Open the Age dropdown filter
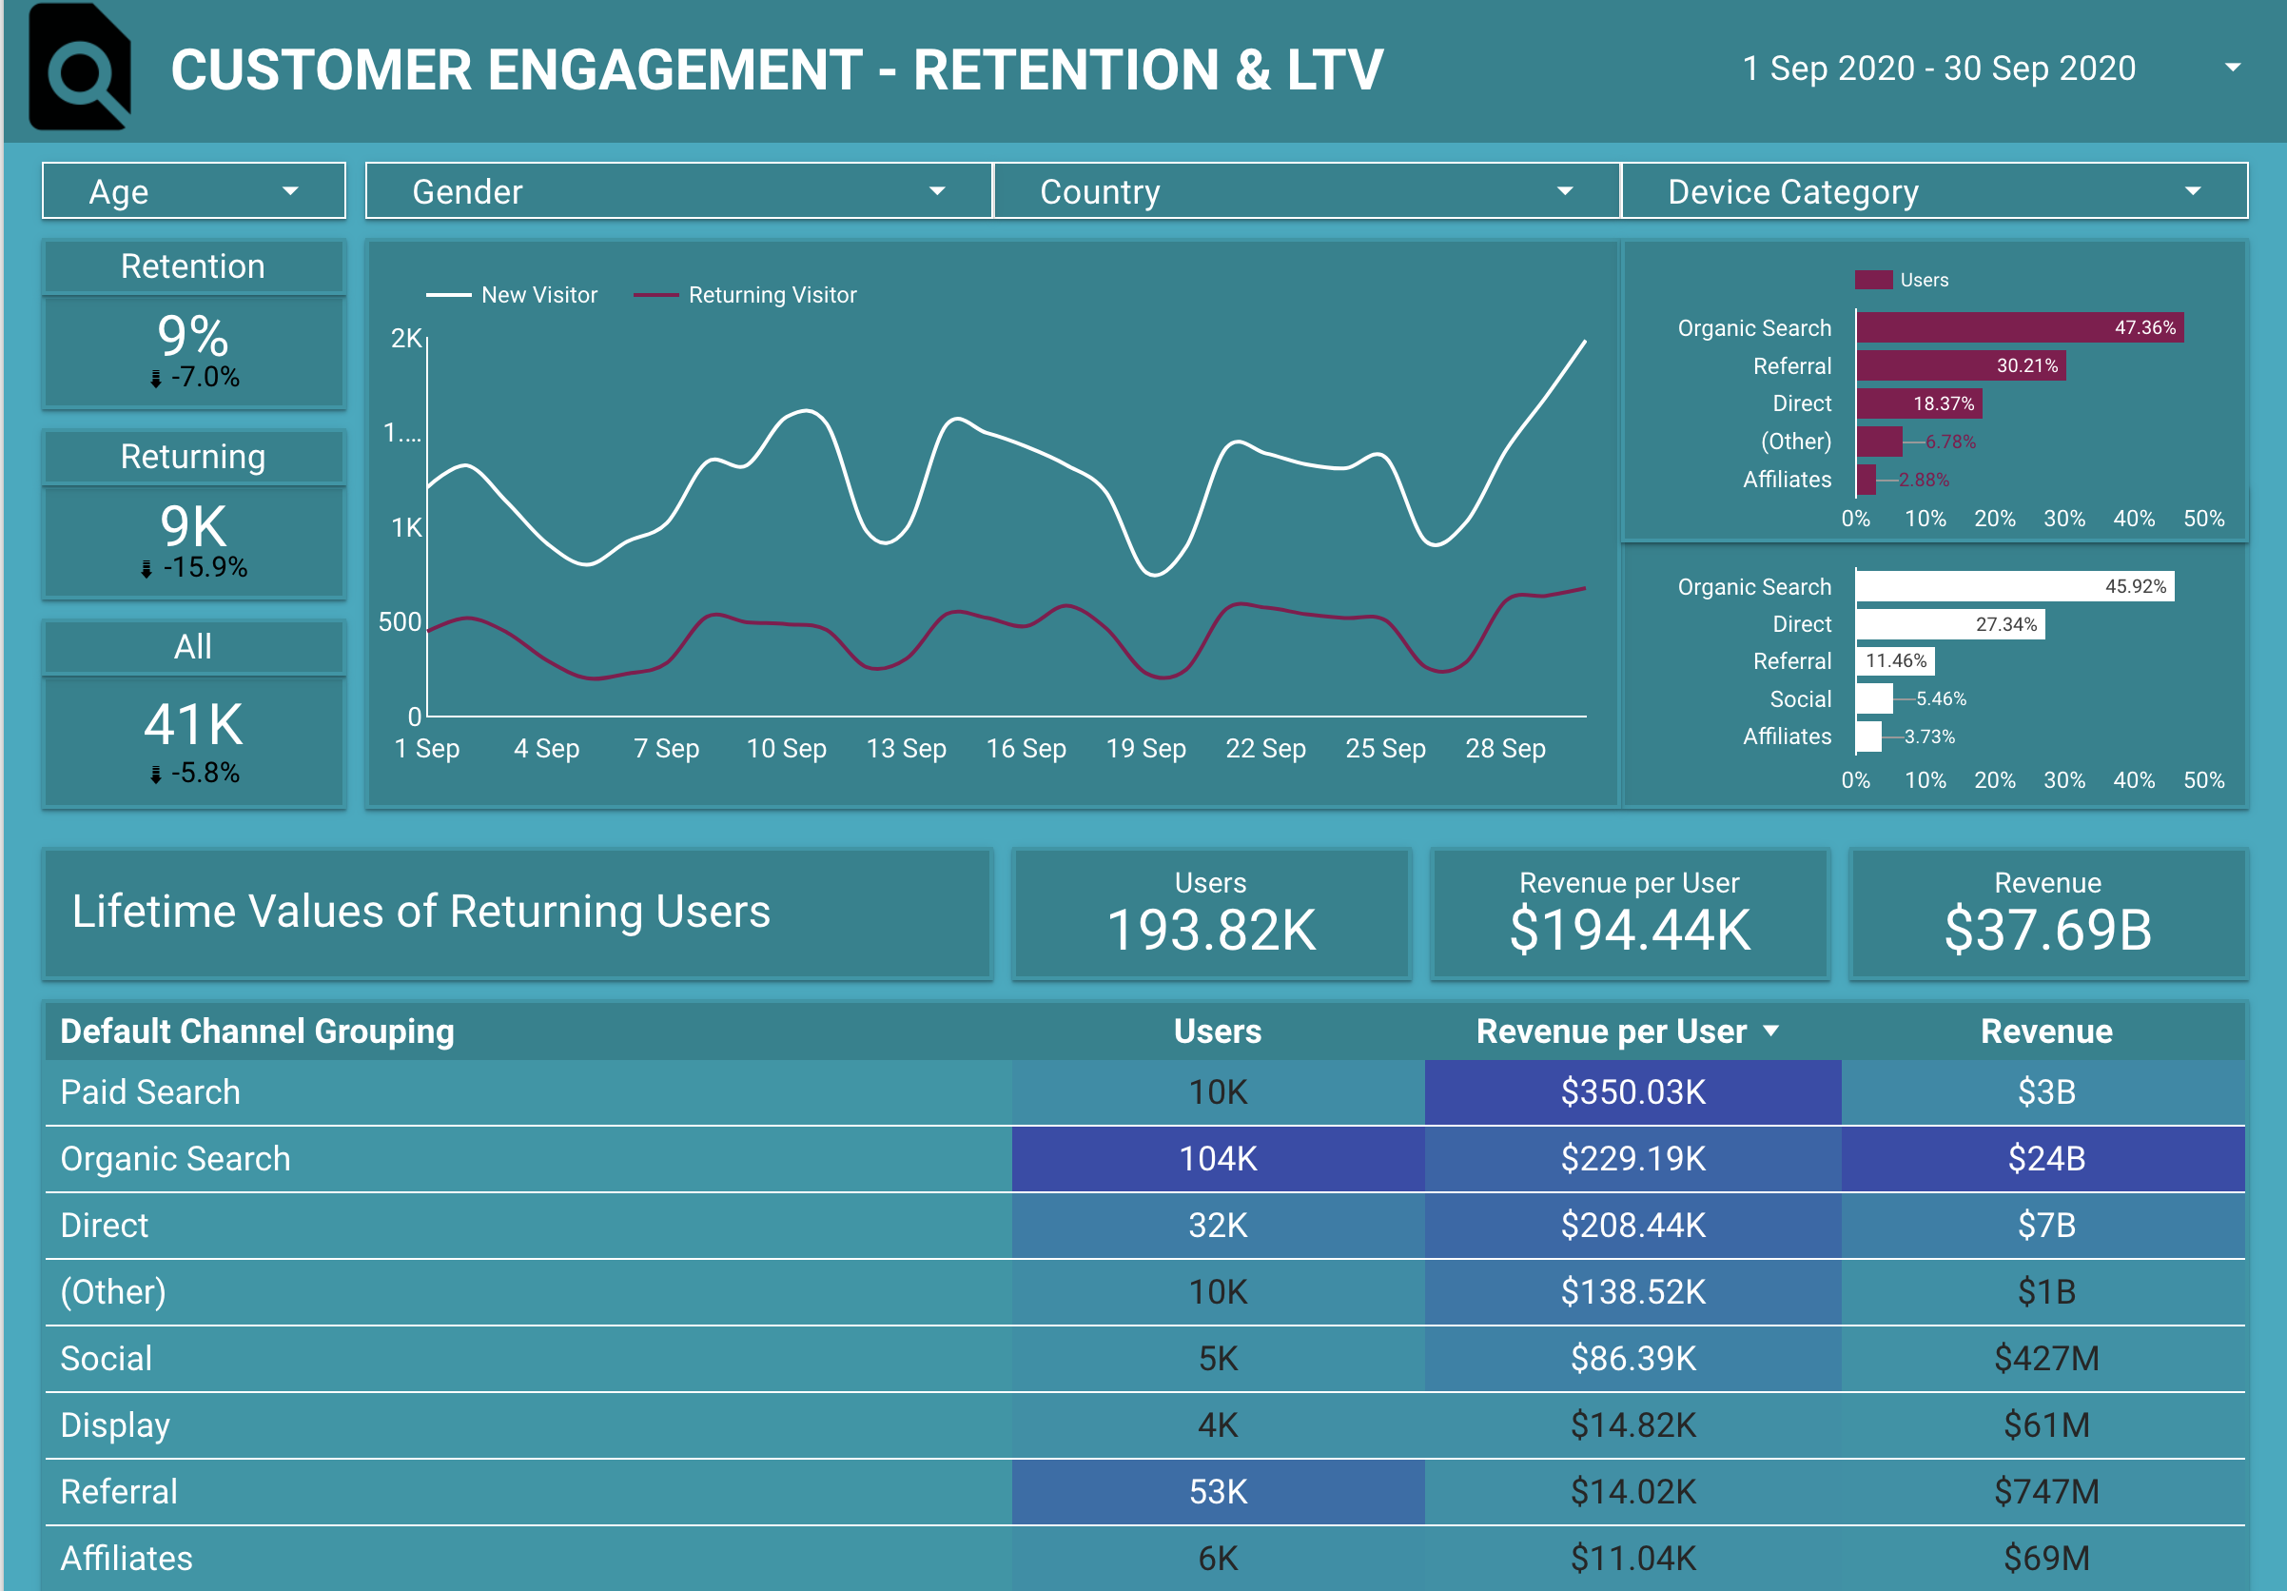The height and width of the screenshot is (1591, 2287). click(x=193, y=190)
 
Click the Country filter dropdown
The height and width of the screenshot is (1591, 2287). click(x=1306, y=190)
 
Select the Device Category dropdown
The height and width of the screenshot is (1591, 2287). click(x=1933, y=190)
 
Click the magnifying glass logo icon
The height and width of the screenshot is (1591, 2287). click(x=80, y=68)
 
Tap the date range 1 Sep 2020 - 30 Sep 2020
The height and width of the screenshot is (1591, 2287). click(x=1939, y=68)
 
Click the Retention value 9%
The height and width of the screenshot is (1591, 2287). click(x=193, y=336)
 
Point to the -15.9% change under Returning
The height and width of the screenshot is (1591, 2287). click(x=204, y=568)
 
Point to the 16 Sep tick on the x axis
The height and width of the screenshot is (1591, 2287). click(x=1026, y=748)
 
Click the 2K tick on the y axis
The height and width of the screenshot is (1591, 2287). click(x=405, y=339)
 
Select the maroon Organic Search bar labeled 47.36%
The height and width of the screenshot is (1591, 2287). click(x=2018, y=327)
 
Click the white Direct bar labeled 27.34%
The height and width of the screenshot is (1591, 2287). click(x=1948, y=624)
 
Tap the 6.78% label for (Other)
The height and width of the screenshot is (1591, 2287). click(x=1949, y=442)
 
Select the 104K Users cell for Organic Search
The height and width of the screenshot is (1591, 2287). click(x=1217, y=1159)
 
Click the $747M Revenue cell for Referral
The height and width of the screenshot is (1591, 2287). click(x=2046, y=1491)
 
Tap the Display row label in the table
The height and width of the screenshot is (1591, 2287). click(x=115, y=1425)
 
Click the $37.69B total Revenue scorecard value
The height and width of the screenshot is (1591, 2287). click(x=2047, y=930)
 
